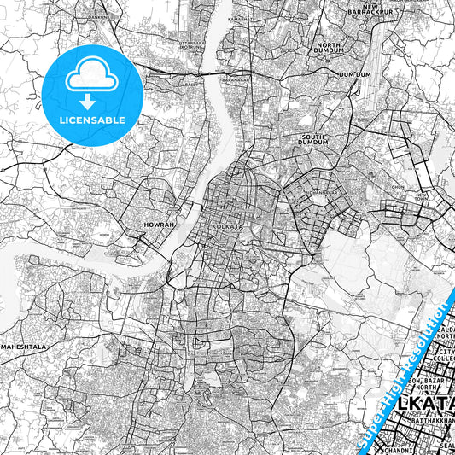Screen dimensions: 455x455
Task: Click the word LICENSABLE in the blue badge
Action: [92, 120]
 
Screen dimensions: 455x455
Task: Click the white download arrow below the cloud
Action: [92, 99]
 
